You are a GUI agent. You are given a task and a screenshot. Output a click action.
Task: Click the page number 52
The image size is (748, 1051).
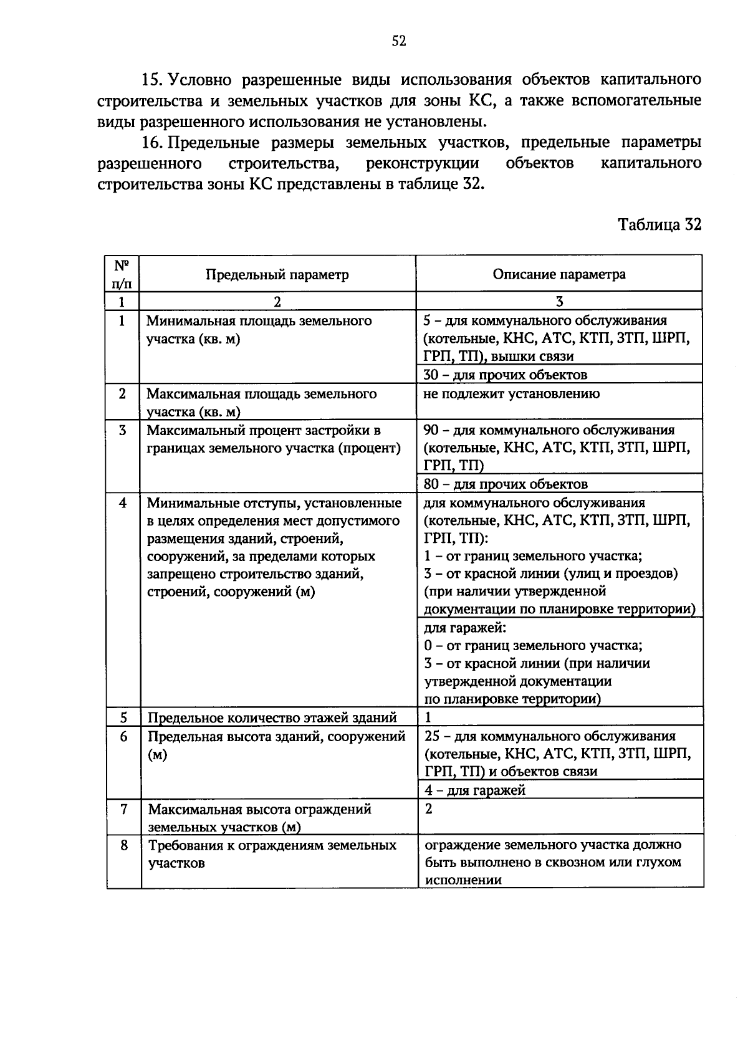click(399, 41)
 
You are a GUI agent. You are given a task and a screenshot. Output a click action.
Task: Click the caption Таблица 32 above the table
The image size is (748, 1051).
click(659, 224)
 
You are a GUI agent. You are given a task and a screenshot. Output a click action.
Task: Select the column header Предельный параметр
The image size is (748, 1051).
click(277, 275)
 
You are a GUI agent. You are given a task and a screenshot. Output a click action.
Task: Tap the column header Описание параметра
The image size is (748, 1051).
click(559, 274)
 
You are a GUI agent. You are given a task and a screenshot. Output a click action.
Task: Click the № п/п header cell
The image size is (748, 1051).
click(122, 274)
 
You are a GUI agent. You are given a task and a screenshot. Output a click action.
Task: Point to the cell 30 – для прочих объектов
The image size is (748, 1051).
click(505, 375)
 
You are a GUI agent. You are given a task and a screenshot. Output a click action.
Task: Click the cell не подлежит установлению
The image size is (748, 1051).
click(511, 393)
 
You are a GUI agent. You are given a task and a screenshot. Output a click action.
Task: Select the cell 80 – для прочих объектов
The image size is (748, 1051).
click(505, 484)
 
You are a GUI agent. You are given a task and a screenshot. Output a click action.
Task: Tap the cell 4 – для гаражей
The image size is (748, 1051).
click(474, 790)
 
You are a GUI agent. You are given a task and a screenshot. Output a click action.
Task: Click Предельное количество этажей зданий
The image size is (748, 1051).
click(272, 717)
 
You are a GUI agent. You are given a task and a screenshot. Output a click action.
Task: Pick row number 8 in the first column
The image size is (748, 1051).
click(123, 845)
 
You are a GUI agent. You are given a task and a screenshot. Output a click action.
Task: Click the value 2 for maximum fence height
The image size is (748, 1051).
click(428, 809)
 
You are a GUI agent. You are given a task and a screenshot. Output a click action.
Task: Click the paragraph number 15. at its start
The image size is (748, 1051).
click(151, 80)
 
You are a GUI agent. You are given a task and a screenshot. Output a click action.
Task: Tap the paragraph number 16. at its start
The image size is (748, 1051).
click(151, 143)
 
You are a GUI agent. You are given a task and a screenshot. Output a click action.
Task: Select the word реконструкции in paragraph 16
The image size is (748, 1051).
click(423, 164)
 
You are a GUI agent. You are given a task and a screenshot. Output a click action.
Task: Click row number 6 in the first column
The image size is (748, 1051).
click(123, 736)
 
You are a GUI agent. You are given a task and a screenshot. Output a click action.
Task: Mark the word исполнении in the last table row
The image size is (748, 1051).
click(463, 880)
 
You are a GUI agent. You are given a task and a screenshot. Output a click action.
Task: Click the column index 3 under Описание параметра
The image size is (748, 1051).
click(559, 302)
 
